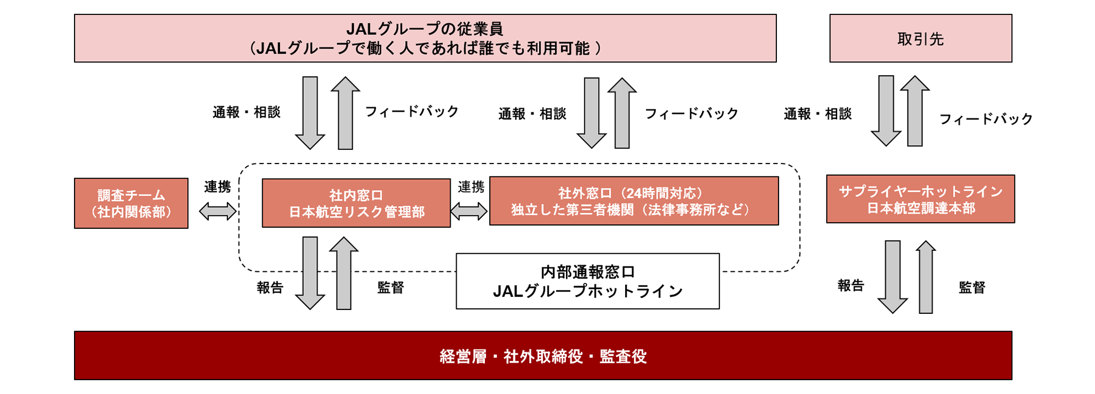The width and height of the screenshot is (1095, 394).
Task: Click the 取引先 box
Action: (x=921, y=38)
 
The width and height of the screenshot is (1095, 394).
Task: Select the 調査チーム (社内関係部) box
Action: (x=131, y=203)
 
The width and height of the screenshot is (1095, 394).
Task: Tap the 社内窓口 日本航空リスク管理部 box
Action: (x=356, y=203)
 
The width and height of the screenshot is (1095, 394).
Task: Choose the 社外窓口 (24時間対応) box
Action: (x=634, y=201)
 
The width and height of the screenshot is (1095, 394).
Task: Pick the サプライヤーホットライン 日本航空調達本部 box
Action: (x=921, y=199)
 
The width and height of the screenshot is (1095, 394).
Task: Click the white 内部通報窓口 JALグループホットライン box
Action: (x=588, y=281)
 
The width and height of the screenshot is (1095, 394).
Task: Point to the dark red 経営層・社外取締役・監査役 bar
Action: (x=543, y=355)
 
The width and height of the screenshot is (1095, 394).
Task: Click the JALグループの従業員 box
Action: (x=425, y=38)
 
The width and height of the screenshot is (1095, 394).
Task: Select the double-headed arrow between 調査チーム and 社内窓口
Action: (x=218, y=211)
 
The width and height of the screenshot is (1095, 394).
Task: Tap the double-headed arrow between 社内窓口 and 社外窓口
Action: (x=469, y=211)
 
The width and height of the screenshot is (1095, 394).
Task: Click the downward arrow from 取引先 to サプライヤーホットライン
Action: (x=886, y=111)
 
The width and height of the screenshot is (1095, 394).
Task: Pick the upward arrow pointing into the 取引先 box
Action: (x=915, y=111)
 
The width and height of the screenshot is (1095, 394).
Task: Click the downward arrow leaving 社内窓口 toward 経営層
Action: (x=310, y=273)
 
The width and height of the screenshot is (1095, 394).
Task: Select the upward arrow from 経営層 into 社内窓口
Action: (x=344, y=273)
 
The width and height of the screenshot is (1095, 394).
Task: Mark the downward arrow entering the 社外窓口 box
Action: (x=591, y=113)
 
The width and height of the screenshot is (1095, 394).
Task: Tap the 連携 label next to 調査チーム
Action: (x=218, y=187)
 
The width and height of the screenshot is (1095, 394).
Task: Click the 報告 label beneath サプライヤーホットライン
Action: (x=851, y=285)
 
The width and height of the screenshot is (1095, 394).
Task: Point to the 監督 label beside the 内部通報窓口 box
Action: (x=391, y=287)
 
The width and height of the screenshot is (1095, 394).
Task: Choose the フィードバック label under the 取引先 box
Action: (x=986, y=119)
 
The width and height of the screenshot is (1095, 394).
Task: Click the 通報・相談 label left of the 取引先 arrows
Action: (x=818, y=114)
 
